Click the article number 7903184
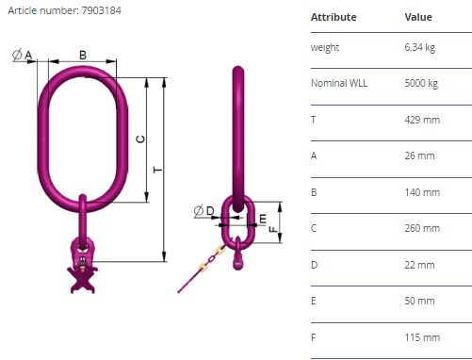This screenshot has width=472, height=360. click(101, 10)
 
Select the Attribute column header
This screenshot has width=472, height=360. click(334, 17)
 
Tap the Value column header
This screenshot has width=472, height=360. click(418, 17)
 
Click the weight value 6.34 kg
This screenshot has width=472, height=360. click(420, 47)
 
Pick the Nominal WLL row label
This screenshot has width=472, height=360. click(339, 83)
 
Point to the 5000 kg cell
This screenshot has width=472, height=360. click(421, 83)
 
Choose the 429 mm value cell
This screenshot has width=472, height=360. click(422, 120)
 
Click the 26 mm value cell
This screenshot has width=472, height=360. click(419, 155)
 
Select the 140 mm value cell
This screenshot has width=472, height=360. click(422, 192)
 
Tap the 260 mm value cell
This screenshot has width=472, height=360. click(422, 228)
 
